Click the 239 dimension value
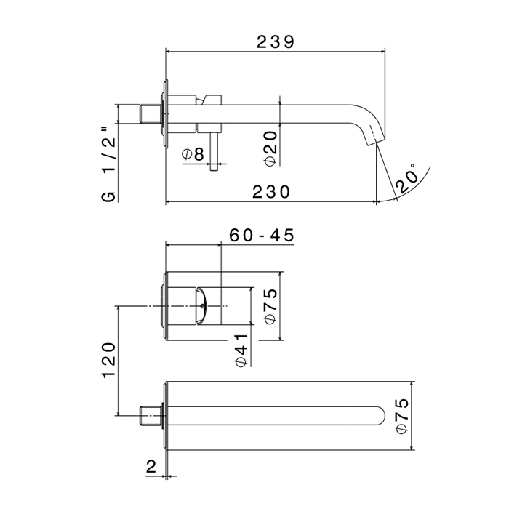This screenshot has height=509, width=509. point(276,42)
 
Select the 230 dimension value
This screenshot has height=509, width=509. point(271,192)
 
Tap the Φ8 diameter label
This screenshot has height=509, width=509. point(193,154)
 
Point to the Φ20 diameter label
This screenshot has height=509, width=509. point(270,148)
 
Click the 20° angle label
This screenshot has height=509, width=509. point(407,178)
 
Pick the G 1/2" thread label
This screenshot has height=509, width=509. point(109,164)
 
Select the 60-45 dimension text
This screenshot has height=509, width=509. point(262,235)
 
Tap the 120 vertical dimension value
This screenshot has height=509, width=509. point(109,360)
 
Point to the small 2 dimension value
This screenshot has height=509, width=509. point(151,467)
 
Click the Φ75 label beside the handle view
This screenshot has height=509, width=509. point(270,306)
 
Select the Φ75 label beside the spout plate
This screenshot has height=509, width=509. point(402,416)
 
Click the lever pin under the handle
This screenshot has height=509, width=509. point(214,151)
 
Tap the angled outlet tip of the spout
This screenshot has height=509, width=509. point(375,139)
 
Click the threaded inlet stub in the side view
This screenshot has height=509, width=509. point(151,114)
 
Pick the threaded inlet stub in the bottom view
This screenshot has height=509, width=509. point(151,415)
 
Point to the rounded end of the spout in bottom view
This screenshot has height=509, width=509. point(380,415)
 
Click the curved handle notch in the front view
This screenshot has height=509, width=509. point(201,306)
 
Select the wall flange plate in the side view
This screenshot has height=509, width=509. point(167,114)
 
